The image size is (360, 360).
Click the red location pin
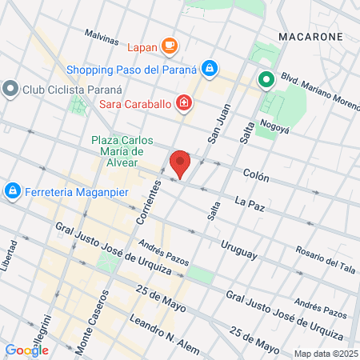(180, 163)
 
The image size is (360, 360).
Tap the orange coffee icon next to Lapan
(169, 46)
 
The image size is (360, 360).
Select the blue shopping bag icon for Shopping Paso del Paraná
(209, 69)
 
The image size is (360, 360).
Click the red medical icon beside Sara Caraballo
(184, 102)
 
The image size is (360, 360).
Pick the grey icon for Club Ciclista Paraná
(10, 87)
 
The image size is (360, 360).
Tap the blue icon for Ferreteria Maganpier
(12, 191)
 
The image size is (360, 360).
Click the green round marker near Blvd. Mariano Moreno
(266, 80)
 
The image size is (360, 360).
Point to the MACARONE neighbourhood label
(310, 37)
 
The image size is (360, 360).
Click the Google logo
(26, 350)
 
